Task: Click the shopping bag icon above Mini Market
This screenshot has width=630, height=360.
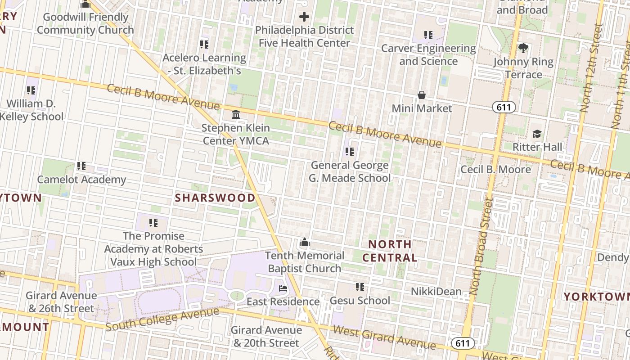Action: (x=422, y=95)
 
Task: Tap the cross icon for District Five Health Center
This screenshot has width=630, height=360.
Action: (x=304, y=17)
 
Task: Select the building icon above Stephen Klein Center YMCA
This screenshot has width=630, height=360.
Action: (x=236, y=114)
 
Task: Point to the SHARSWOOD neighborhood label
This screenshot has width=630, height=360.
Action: (x=215, y=198)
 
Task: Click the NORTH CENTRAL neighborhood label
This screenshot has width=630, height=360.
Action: (x=390, y=251)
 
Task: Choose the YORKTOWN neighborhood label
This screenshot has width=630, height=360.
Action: (x=597, y=297)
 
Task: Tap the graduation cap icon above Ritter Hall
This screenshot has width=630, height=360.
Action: (x=537, y=134)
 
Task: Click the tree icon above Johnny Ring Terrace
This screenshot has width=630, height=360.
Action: (x=523, y=48)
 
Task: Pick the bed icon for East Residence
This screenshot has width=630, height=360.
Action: (x=283, y=288)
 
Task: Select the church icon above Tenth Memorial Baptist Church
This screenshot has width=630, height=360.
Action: (x=305, y=243)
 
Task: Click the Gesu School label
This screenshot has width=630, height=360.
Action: (x=360, y=301)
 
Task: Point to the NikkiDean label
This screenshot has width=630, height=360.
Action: (x=436, y=292)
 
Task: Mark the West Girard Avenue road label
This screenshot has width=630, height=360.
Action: (x=384, y=337)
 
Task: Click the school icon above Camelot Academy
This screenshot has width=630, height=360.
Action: (x=81, y=166)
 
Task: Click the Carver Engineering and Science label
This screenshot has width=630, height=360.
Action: (x=428, y=54)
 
